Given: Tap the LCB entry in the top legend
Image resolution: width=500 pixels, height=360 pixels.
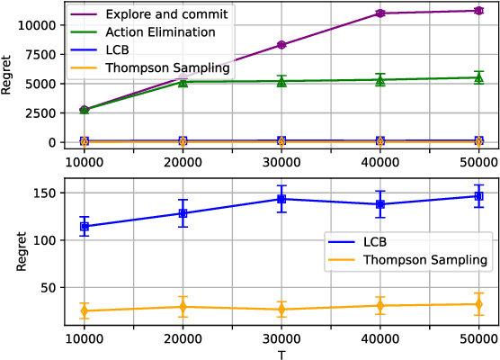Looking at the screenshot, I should point(119,49).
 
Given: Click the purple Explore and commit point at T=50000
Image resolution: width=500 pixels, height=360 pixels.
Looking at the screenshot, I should point(478,11).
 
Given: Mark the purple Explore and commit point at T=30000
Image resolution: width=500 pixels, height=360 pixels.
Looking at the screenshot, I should point(281,45).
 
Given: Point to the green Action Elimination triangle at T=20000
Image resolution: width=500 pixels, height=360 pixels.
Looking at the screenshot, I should point(183,82).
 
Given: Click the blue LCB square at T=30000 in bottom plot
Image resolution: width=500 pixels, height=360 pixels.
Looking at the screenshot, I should point(281,199).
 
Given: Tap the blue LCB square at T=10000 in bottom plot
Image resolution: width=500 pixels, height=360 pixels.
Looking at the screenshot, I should point(84,227).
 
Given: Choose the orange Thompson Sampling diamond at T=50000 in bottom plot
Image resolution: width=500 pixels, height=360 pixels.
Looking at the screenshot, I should point(478,304).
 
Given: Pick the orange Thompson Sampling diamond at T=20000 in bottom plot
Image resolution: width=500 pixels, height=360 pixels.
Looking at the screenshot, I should point(183,307).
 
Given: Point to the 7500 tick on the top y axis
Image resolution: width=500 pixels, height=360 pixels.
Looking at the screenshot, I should point(42,54).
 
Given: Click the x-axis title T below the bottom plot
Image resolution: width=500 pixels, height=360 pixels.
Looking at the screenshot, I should point(281,354).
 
